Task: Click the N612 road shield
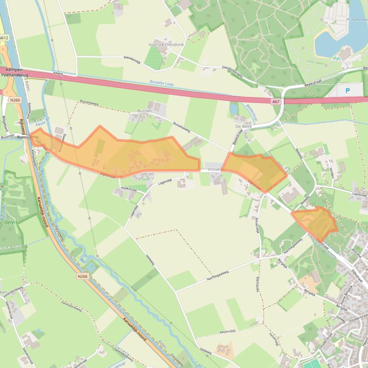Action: [4, 37]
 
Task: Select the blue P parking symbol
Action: [347, 90]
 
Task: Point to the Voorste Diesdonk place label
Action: [165, 44]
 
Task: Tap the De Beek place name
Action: [243, 126]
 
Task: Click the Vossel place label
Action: [215, 170]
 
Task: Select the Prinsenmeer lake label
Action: [356, 20]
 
